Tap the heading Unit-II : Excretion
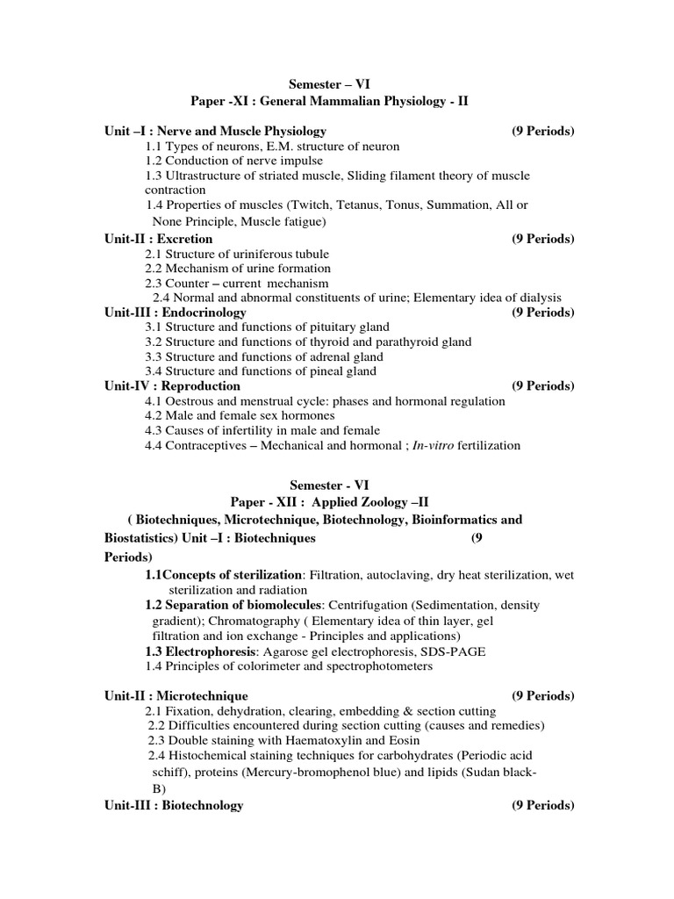pyautogui.click(x=158, y=239)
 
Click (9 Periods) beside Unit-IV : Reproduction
pyautogui.click(x=542, y=386)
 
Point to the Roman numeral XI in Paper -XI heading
pyautogui.click(x=241, y=102)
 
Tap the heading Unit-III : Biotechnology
pyautogui.click(x=173, y=805)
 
